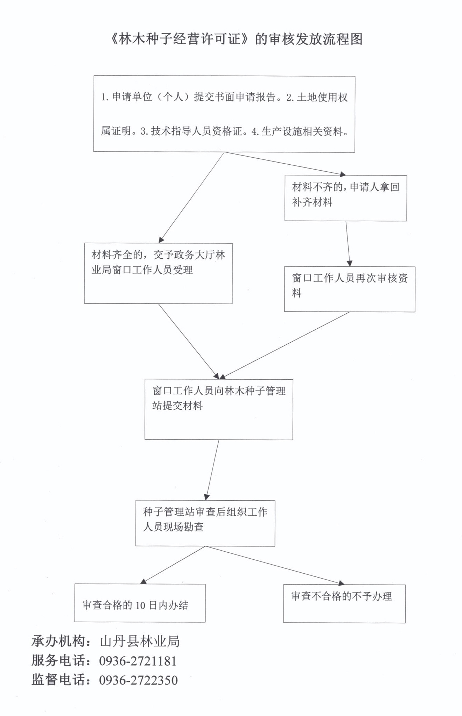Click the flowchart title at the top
pos(236,39)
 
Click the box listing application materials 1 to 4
pos(224,114)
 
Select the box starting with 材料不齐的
pos(345,198)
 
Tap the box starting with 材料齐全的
pos(158,273)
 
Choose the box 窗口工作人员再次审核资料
pos(349,289)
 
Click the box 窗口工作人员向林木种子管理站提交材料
pos(218,409)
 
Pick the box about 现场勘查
pos(205,523)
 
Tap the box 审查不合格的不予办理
pos(344,603)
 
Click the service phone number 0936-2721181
pos(138,661)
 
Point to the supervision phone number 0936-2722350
pos(139,680)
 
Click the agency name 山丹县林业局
pos(140,641)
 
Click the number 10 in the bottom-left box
pos(140,606)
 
